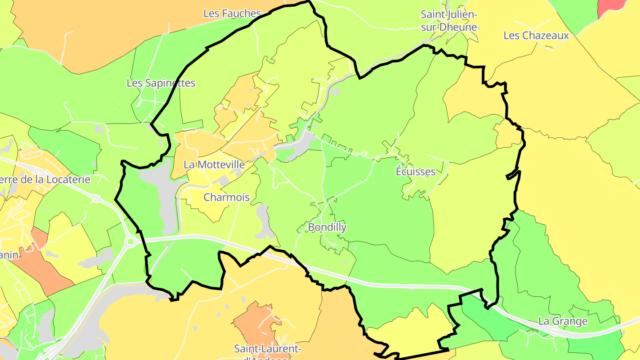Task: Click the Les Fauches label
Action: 232,13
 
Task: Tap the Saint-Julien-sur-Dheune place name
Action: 449,20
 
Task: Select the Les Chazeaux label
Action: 536,36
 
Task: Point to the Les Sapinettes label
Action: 161,83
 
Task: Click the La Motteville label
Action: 214,164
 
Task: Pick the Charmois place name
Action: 227,197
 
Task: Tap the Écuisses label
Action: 416,172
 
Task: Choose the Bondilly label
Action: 327,228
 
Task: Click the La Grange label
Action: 563,321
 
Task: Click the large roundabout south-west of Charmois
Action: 131,242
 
